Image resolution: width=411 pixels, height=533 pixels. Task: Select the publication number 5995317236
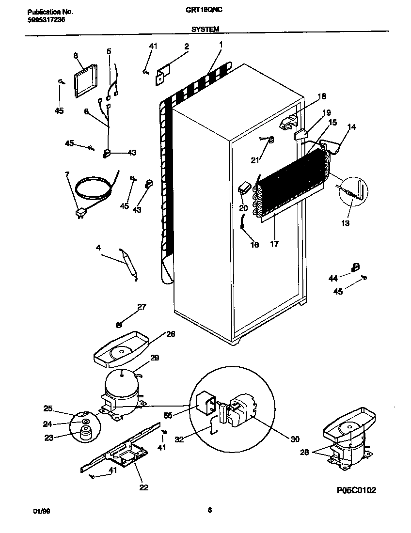click(x=44, y=20)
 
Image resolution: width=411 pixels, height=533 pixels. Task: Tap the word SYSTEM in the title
click(x=205, y=29)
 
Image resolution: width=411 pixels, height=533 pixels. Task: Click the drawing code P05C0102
click(x=356, y=490)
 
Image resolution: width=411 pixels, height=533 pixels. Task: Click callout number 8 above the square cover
click(x=76, y=56)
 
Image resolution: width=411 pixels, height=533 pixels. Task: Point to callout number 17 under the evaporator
click(x=274, y=244)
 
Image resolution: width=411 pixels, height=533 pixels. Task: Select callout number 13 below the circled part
click(x=345, y=223)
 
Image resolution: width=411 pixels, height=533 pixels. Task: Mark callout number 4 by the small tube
click(x=98, y=248)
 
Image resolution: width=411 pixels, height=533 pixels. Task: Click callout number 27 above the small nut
click(x=141, y=307)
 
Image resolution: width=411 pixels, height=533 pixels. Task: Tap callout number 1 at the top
click(x=221, y=44)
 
